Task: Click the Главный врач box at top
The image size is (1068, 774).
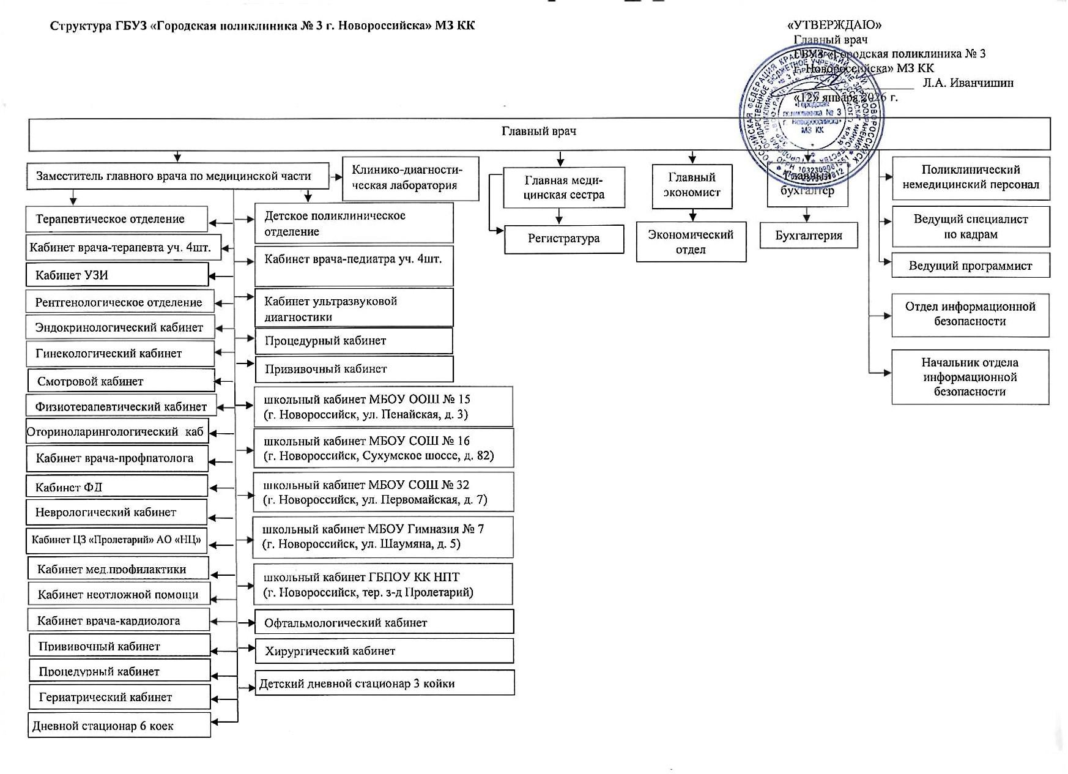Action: coord(538,132)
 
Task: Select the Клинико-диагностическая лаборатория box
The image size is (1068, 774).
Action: coord(410,178)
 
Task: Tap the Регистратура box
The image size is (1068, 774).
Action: coord(563,239)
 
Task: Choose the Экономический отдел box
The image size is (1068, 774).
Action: coord(691,242)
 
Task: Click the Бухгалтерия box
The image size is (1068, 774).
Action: coord(808,236)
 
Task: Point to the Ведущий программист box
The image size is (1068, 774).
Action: coord(970,266)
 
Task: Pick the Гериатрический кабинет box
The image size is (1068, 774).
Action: coord(119,697)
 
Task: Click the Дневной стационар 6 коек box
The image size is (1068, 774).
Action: coord(119,726)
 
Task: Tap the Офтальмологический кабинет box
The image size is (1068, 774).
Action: coord(384,622)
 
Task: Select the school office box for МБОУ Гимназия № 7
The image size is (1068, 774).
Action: coord(382,537)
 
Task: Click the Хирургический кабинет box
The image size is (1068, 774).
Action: coord(384,651)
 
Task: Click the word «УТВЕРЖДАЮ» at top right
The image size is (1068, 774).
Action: coord(834,25)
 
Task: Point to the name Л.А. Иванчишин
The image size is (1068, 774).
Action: coord(968,83)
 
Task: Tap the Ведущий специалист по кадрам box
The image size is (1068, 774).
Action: coord(970,226)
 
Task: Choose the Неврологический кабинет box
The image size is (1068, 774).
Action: coord(117,512)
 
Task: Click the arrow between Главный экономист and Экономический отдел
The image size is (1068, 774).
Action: coord(692,215)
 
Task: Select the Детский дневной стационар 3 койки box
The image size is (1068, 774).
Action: coord(385,683)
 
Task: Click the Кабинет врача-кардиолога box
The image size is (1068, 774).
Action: coord(119,620)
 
